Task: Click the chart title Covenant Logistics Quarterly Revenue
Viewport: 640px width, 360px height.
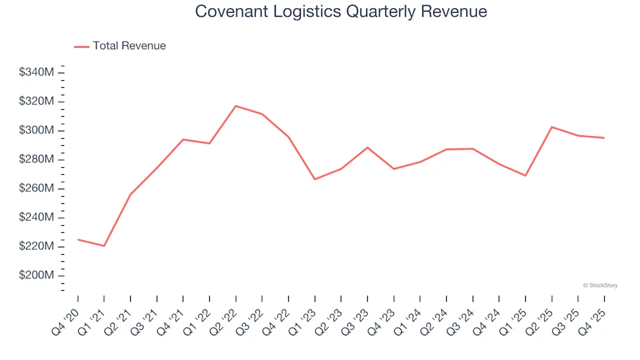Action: click(341, 12)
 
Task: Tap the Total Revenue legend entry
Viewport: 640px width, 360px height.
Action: click(120, 46)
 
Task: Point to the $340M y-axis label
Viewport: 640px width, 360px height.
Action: click(37, 72)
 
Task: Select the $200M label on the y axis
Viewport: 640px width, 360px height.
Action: click(37, 276)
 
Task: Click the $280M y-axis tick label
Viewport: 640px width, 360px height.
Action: click(37, 159)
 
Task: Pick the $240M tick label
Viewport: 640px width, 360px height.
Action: click(37, 217)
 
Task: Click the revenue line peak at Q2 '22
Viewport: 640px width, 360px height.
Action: click(236, 106)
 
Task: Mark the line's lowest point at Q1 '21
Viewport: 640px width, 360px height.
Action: click(104, 246)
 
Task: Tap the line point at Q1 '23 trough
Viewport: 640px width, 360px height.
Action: click(315, 179)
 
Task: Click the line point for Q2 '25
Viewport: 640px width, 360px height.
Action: click(552, 127)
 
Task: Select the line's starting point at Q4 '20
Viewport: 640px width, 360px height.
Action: click(78, 239)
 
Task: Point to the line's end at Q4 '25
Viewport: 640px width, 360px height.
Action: click(604, 138)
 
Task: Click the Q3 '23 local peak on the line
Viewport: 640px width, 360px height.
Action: click(367, 147)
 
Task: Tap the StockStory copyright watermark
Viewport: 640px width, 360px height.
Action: click(600, 285)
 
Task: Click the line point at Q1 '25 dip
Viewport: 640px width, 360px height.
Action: click(525, 175)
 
